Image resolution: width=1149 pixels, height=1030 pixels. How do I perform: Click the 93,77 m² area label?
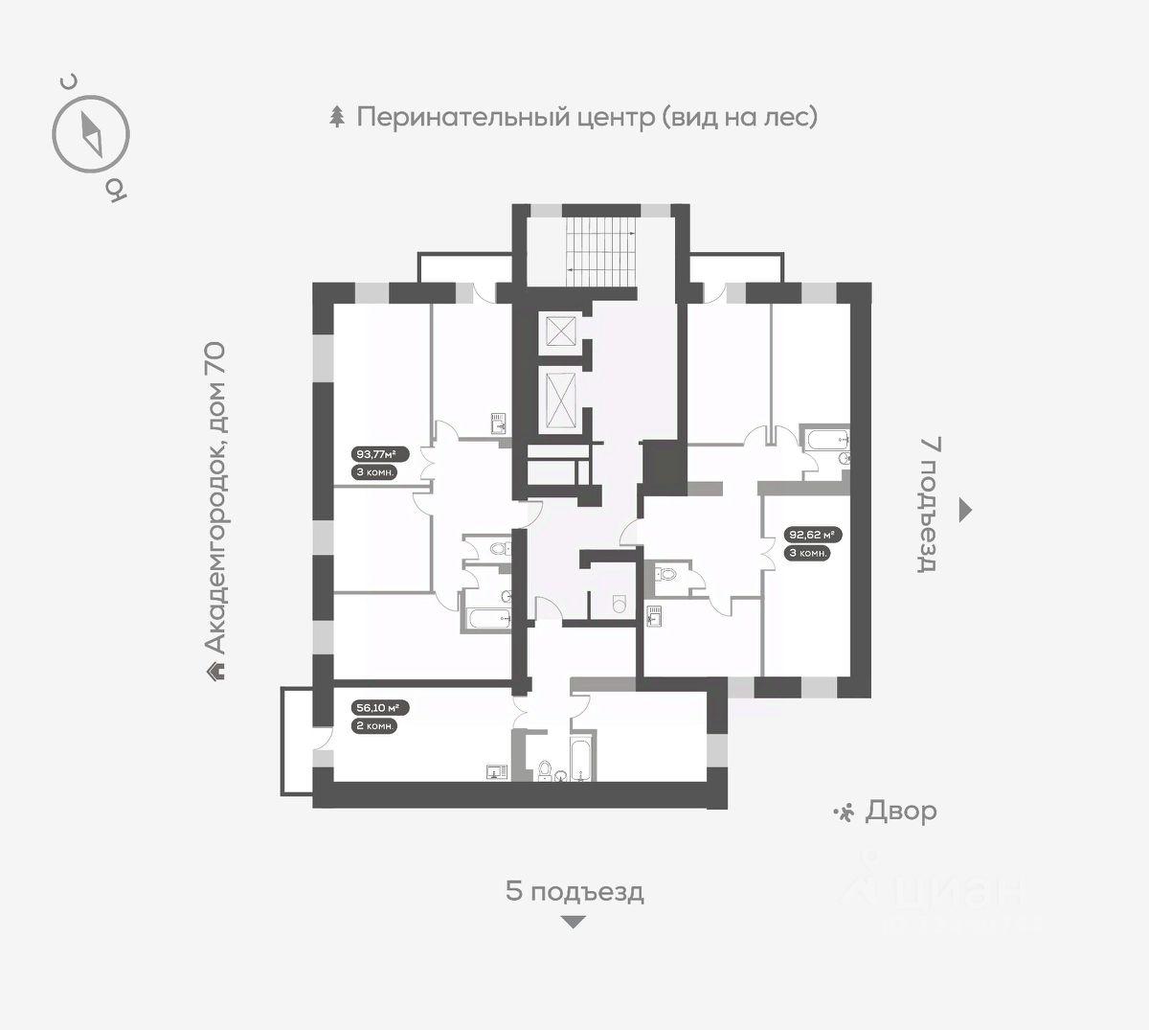(x=380, y=454)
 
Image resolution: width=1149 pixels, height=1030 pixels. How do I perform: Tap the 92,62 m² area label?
(x=813, y=534)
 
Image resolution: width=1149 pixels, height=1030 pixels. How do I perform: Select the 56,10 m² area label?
(x=380, y=708)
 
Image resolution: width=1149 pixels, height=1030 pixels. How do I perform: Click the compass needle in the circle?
(x=91, y=135)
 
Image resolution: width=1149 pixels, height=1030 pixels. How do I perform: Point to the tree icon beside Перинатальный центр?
(x=337, y=116)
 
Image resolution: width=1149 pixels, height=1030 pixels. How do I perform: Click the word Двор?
(x=901, y=813)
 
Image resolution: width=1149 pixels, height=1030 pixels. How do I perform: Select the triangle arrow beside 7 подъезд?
(x=965, y=510)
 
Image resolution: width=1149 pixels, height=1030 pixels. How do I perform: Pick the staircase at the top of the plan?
(x=600, y=253)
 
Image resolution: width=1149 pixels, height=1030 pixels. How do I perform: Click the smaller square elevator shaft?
(x=560, y=331)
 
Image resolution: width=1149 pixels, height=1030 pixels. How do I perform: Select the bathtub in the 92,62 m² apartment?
(x=828, y=439)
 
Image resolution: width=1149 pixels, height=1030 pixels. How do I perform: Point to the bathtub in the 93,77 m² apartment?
(x=490, y=619)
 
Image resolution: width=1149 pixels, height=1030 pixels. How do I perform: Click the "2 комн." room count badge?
(x=375, y=726)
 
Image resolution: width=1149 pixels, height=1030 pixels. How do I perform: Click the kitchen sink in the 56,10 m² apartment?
(x=496, y=772)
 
